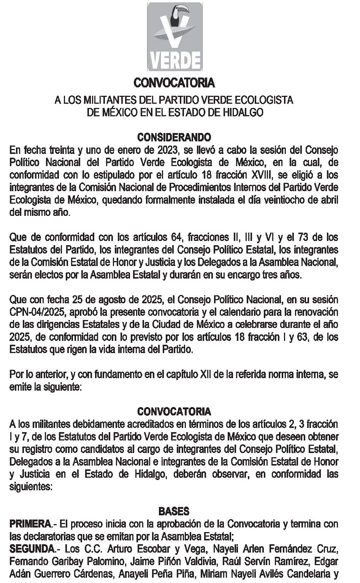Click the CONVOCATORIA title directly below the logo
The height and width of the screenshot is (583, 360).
[x=174, y=82]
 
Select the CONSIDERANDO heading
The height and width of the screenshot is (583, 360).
[x=174, y=137]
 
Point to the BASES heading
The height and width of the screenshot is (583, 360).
[x=174, y=511]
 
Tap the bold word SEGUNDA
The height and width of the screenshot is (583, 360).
[x=32, y=549]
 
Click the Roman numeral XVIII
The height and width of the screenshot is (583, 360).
[x=260, y=175]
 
